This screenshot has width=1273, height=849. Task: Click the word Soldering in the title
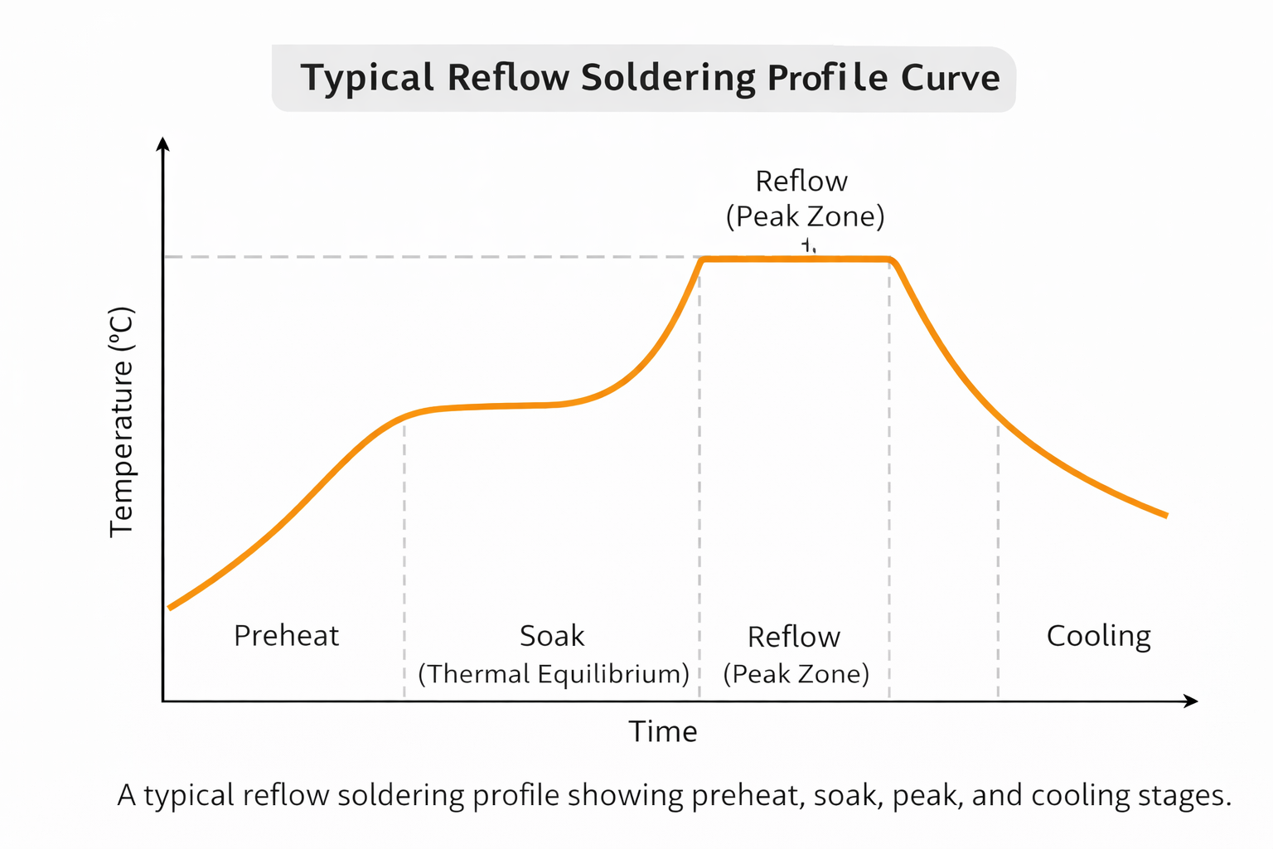(667, 79)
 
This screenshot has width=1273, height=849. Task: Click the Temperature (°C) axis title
(122, 422)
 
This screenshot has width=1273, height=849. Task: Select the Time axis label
(662, 731)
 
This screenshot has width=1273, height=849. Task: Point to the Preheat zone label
(286, 636)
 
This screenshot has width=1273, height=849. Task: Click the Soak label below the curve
(551, 636)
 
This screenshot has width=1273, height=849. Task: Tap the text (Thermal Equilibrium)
(553, 673)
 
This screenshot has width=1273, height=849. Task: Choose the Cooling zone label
(1098, 636)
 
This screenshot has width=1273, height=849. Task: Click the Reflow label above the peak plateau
(801, 181)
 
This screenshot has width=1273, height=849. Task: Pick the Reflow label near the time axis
(793, 637)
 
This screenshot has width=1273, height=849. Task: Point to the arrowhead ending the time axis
(1192, 701)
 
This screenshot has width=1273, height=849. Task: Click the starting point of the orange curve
(170, 608)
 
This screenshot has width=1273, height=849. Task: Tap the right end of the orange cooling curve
(1166, 515)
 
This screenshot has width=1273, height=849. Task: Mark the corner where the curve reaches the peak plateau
(703, 260)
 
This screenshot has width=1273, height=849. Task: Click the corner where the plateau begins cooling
(892, 261)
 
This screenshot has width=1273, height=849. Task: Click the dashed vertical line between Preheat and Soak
(404, 555)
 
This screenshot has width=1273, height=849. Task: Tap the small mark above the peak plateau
(808, 245)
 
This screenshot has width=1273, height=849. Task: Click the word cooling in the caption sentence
(1078, 795)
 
